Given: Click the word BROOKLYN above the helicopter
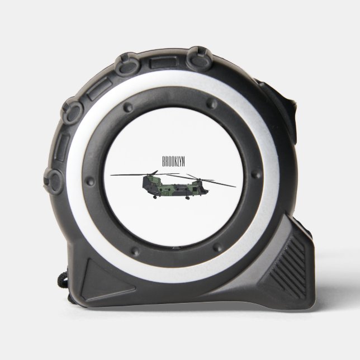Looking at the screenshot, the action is click(x=173, y=162).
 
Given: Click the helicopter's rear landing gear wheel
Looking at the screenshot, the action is click(x=155, y=197).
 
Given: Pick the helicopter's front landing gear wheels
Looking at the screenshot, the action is click(x=188, y=198).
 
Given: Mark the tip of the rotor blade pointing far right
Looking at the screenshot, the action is click(x=235, y=187).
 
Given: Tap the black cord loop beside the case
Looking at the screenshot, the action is click(x=63, y=280).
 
